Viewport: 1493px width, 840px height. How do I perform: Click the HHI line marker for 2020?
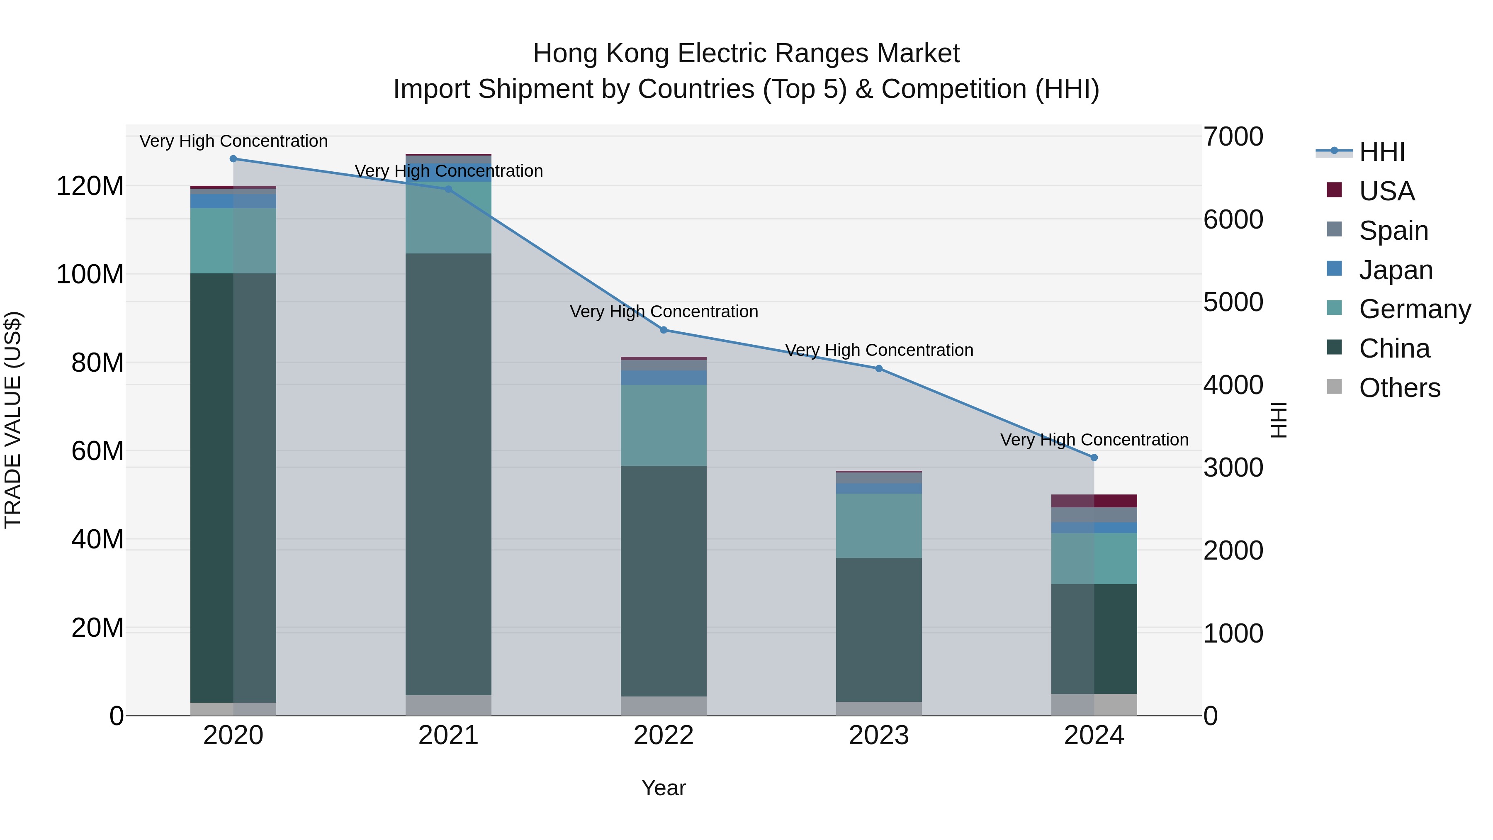pyautogui.click(x=233, y=159)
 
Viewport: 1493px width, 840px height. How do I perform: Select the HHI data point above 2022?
pyautogui.click(x=664, y=330)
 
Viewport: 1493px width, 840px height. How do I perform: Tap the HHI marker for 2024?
pyautogui.click(x=1094, y=458)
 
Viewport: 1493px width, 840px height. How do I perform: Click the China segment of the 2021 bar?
pyautogui.click(x=448, y=474)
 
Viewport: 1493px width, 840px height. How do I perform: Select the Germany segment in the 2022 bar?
pyautogui.click(x=664, y=425)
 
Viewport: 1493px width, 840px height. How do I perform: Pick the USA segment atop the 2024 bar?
pyautogui.click(x=1094, y=501)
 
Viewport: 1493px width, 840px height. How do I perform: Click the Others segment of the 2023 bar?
pyautogui.click(x=879, y=709)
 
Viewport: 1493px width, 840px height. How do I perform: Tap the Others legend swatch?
pyautogui.click(x=1334, y=387)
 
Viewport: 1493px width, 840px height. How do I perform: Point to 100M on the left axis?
pyautogui.click(x=90, y=274)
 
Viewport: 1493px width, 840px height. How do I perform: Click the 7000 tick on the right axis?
pyautogui.click(x=1233, y=137)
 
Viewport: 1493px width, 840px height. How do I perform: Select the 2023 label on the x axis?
pyautogui.click(x=879, y=735)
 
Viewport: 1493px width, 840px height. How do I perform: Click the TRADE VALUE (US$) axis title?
pyautogui.click(x=13, y=420)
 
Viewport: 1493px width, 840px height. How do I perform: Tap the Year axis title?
pyautogui.click(x=663, y=788)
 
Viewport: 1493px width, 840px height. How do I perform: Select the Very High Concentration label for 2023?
pyautogui.click(x=879, y=350)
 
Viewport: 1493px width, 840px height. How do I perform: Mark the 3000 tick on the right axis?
pyautogui.click(x=1233, y=468)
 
